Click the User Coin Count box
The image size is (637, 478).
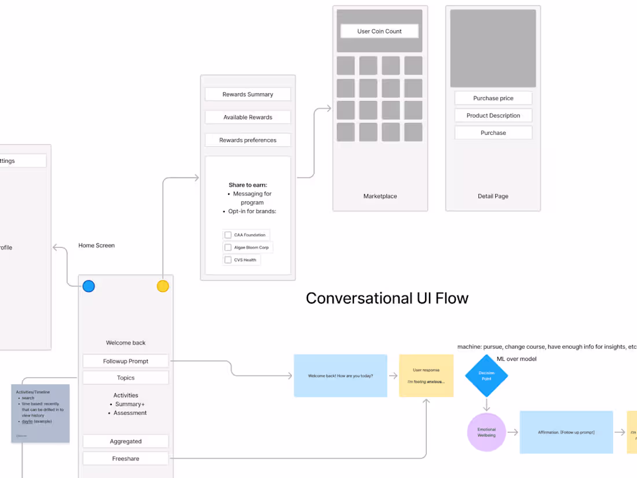[379, 31]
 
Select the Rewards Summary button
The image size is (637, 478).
[248, 94]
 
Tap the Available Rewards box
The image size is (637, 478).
[248, 117]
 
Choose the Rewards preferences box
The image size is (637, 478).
[248, 140]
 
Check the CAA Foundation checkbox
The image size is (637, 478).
[228, 235]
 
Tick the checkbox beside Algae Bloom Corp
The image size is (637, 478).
[228, 247]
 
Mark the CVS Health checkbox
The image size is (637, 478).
[228, 260]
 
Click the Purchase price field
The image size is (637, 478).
[493, 98]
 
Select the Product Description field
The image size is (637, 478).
[493, 115]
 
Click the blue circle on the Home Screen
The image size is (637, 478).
[89, 286]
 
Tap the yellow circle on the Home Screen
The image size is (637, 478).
[163, 286]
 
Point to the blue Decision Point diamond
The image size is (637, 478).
[486, 376]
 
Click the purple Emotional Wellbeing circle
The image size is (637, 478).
[486, 432]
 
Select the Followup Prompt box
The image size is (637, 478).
[126, 361]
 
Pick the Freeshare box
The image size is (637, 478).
[126, 459]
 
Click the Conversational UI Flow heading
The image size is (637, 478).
[387, 298]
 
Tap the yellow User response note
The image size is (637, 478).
[426, 376]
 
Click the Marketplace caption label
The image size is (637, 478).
[380, 196]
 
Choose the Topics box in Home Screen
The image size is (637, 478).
[126, 378]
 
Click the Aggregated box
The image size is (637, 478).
[126, 441]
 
